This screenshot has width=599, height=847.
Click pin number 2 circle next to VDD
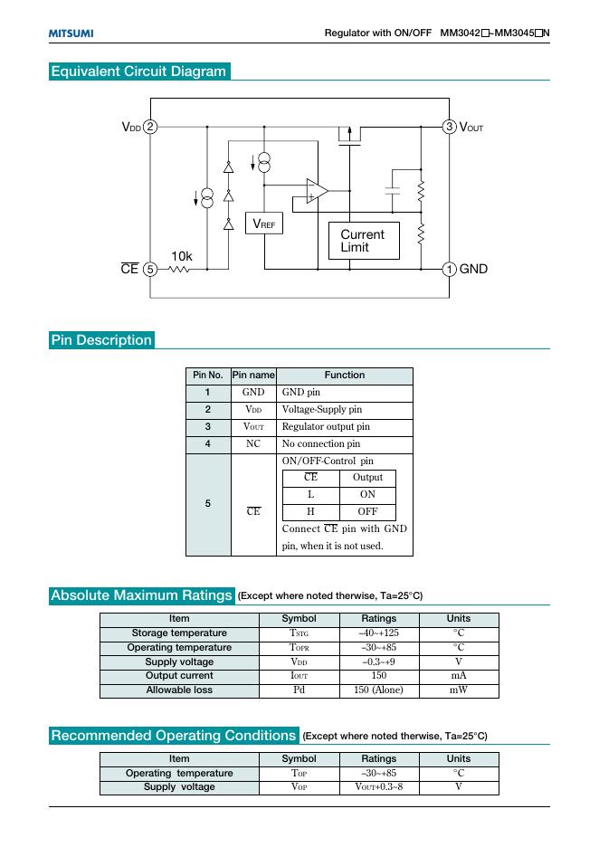tap(151, 128)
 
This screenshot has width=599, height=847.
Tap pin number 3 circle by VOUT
tap(449, 128)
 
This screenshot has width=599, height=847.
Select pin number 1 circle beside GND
tap(449, 269)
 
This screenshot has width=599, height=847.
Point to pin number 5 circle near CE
tap(151, 269)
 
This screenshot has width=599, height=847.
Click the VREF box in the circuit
tap(264, 223)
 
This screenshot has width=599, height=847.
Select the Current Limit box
tap(361, 241)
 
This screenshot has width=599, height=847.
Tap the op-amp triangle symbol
tap(315, 192)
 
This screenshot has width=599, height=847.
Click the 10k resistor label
tap(182, 257)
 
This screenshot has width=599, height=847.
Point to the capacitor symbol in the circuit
tap(393, 190)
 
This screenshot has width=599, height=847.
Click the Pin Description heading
tap(101, 340)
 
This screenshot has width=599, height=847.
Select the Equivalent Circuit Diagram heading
tap(138, 71)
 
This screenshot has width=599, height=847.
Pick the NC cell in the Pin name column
tap(253, 443)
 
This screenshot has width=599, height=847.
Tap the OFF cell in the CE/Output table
tap(367, 511)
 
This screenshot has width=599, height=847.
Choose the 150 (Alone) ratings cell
tap(378, 690)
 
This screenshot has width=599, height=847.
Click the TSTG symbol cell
tap(299, 633)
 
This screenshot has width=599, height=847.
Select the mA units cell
tap(459, 676)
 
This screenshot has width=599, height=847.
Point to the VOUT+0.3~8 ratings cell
tap(378, 787)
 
